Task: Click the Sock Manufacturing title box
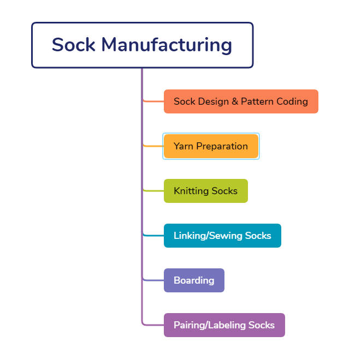[142, 45]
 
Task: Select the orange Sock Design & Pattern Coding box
[241, 101]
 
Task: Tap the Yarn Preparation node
[211, 146]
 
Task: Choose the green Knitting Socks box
[205, 191]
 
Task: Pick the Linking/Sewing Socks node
[222, 236]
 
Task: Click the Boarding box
[194, 280]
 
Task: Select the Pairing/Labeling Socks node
[224, 325]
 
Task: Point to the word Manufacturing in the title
[167, 45]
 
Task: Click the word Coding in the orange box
[292, 101]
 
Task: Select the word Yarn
[184, 146]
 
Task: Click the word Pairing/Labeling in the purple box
[210, 325]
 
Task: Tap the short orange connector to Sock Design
[153, 101]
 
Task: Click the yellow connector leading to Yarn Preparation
[153, 146]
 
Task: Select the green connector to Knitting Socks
[153, 191]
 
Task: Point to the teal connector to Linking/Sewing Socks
[153, 236]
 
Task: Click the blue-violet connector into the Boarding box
[153, 280]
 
